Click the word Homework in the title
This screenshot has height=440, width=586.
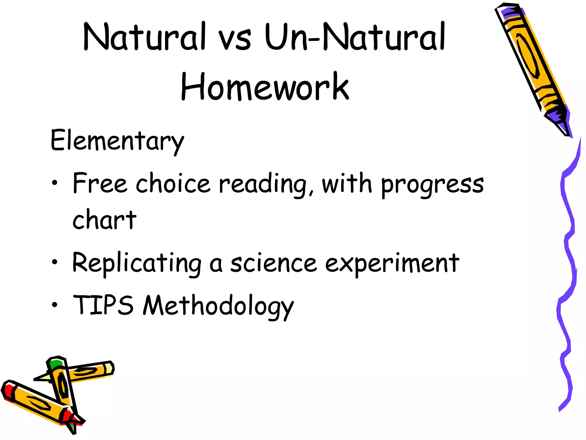(x=265, y=87)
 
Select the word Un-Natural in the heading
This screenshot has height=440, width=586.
(x=355, y=37)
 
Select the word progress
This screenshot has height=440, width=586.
(x=432, y=185)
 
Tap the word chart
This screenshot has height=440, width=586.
(x=104, y=220)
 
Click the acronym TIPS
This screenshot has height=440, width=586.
(x=103, y=305)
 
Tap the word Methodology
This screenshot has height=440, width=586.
(x=218, y=306)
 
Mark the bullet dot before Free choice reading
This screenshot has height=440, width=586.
(x=55, y=183)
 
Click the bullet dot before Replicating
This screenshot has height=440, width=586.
(x=55, y=262)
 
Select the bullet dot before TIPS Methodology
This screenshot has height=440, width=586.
(x=55, y=305)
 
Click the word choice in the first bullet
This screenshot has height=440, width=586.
(x=173, y=183)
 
